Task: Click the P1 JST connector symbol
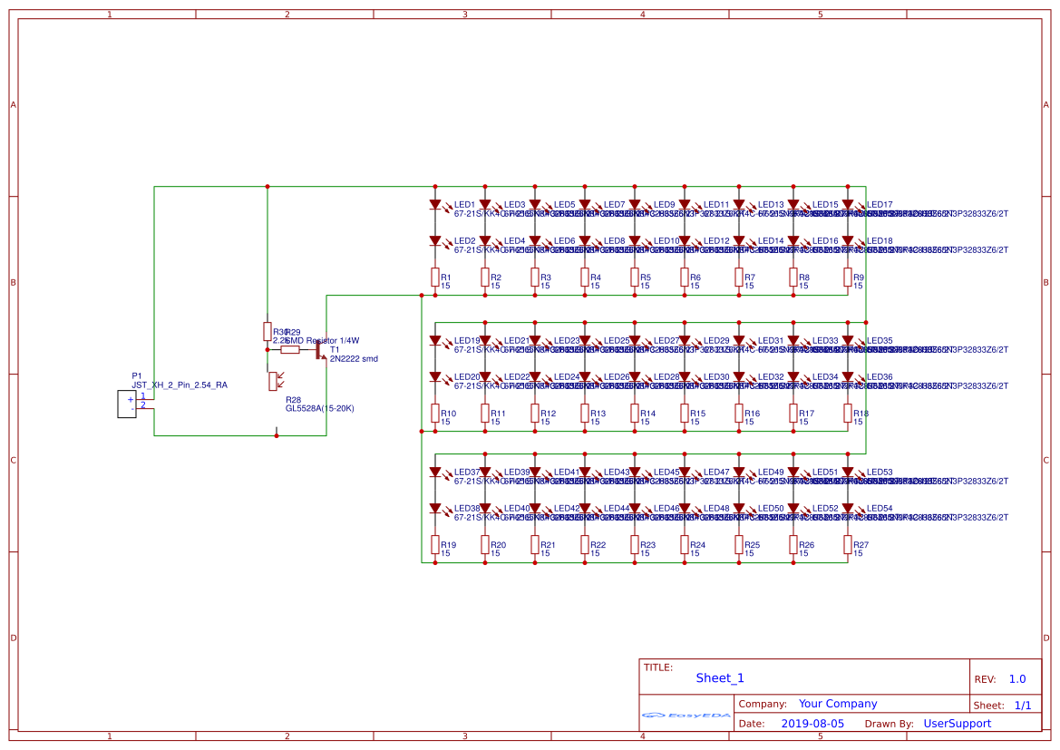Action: click(127, 404)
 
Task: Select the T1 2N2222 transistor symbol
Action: click(321, 350)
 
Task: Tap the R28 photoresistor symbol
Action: click(273, 381)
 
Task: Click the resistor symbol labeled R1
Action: click(435, 278)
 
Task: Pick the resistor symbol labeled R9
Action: click(848, 278)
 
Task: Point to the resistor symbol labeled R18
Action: click(848, 414)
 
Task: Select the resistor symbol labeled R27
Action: click(848, 545)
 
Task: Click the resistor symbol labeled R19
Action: click(435, 545)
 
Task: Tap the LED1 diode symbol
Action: click(435, 205)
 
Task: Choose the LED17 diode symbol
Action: click(848, 205)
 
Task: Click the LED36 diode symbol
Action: click(848, 377)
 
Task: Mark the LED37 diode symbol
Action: click(435, 472)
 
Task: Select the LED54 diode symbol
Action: click(848, 509)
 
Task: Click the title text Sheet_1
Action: click(720, 677)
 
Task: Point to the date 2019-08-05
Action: click(812, 724)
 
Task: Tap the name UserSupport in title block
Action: click(957, 724)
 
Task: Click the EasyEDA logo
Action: click(686, 716)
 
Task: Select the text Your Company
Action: click(838, 704)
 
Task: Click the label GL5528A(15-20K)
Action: click(319, 409)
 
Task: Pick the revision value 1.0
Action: click(1017, 679)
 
